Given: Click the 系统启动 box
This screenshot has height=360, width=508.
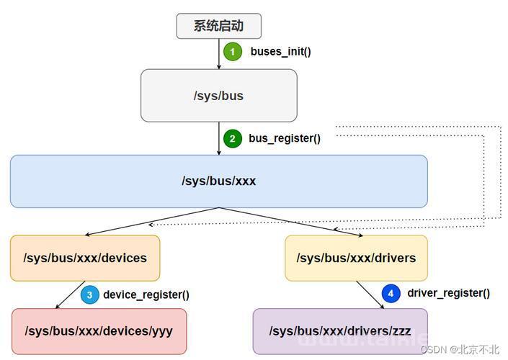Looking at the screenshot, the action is click(218, 26).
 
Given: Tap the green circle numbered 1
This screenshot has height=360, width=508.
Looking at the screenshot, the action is click(233, 52).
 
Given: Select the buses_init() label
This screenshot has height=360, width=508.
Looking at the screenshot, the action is click(280, 51).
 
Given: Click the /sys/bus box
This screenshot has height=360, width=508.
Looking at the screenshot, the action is click(218, 96).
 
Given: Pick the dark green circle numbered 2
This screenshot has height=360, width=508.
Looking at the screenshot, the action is click(233, 138).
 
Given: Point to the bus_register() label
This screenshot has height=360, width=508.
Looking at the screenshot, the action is click(285, 138).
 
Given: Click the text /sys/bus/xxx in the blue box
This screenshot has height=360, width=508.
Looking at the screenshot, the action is click(218, 181).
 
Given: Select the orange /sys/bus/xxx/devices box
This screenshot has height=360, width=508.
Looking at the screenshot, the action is click(85, 258).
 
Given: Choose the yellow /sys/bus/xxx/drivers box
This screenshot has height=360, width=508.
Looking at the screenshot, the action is click(356, 258).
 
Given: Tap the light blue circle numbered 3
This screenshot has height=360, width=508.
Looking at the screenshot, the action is click(90, 294).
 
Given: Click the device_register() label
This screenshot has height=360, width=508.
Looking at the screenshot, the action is click(146, 294).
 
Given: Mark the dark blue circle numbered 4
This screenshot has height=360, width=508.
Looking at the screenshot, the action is click(391, 293).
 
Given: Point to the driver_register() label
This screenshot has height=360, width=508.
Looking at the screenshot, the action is click(448, 293).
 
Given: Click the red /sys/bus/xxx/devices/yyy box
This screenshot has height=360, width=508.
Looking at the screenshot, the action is click(99, 331).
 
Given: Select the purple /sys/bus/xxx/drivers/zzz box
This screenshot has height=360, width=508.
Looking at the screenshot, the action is click(340, 331).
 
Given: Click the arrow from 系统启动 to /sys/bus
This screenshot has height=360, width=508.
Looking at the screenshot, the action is click(218, 54).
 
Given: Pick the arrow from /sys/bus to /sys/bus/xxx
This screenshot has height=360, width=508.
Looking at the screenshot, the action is click(218, 138).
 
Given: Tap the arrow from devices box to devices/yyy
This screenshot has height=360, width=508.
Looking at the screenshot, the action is click(70, 294).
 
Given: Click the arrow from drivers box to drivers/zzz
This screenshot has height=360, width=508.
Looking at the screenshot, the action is click(370, 294).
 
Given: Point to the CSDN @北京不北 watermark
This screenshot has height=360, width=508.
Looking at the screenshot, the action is click(460, 349).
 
